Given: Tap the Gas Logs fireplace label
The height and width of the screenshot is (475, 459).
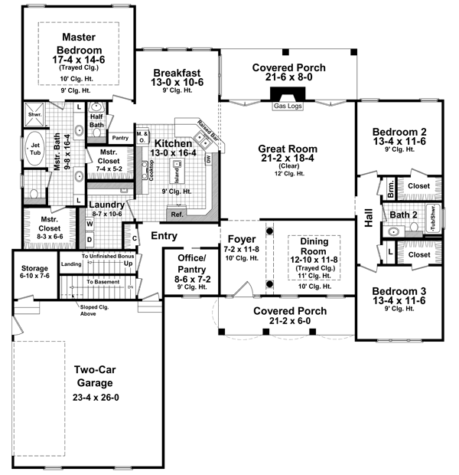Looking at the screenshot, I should pos(288,106).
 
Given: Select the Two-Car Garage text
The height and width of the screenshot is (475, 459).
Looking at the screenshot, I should pos(94,376).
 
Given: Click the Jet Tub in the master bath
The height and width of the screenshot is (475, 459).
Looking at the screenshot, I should pos(35,148).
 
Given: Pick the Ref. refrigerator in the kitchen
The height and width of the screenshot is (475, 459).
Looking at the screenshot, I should pos(177,215).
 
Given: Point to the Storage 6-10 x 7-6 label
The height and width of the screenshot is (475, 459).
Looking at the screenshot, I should pos(34,270).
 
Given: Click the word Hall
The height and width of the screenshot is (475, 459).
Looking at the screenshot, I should pos(369,218).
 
